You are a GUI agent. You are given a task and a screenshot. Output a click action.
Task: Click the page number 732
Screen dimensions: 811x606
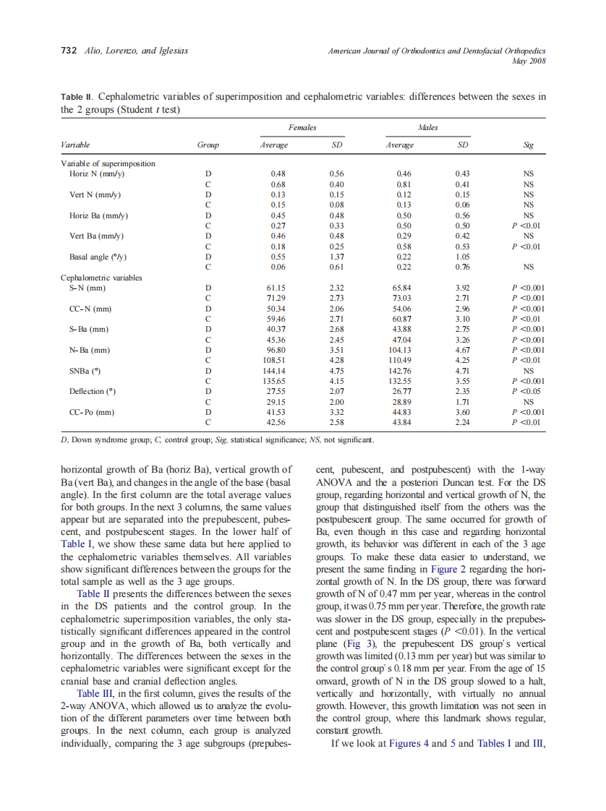[69, 52]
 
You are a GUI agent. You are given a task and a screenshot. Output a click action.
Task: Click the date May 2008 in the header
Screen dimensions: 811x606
[529, 61]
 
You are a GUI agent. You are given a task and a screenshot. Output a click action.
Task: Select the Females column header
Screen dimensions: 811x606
[302, 127]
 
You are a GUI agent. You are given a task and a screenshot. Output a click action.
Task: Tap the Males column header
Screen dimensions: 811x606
[429, 127]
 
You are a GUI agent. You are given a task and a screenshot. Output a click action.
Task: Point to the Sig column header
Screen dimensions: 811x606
[528, 145]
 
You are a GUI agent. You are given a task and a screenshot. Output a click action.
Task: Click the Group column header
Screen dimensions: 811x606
[208, 145]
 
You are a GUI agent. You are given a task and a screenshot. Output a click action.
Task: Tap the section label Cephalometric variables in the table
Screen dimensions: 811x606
[101, 278]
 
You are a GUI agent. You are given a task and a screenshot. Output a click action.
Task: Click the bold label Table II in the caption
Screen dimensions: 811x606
[77, 97]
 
